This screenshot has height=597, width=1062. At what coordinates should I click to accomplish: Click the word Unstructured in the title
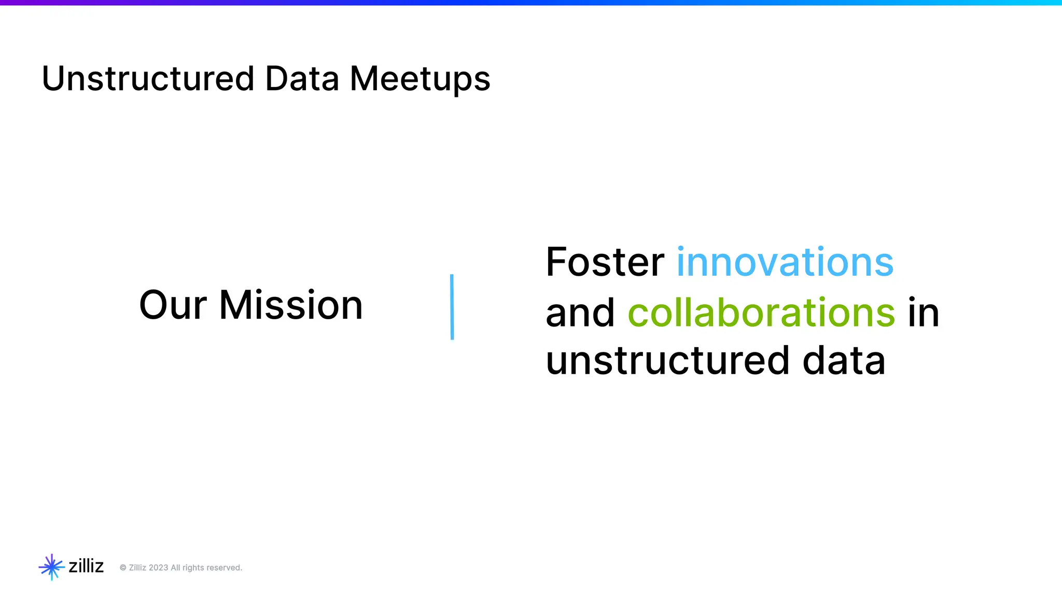coord(148,79)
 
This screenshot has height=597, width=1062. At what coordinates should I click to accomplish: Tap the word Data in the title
coord(302,79)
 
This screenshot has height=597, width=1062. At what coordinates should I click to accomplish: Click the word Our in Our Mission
coord(173,305)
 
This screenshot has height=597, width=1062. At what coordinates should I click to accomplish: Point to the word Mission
coord(291,305)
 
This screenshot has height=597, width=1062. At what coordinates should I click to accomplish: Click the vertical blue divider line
coord(452,307)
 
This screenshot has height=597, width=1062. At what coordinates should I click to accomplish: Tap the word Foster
coord(605,262)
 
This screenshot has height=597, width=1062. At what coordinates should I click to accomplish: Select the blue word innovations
coord(785,262)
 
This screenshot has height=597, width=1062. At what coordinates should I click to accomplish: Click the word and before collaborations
coord(580,313)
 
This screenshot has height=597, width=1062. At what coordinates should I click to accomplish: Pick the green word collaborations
coord(761,313)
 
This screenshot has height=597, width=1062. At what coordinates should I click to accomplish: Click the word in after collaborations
coord(924,313)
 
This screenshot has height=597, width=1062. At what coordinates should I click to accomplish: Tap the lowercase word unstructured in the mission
coord(668,361)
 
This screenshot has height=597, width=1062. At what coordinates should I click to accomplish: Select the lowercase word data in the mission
coord(844,361)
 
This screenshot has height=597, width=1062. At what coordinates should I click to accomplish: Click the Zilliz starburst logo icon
coord(51,567)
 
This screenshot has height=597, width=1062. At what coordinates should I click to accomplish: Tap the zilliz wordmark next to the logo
coord(86,566)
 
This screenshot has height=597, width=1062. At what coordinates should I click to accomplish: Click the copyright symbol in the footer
coord(123,568)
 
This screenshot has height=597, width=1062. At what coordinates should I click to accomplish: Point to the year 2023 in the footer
coord(158,568)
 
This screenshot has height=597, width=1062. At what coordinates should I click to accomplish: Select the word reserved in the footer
coord(225,568)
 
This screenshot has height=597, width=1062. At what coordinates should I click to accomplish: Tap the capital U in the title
coord(53,79)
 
